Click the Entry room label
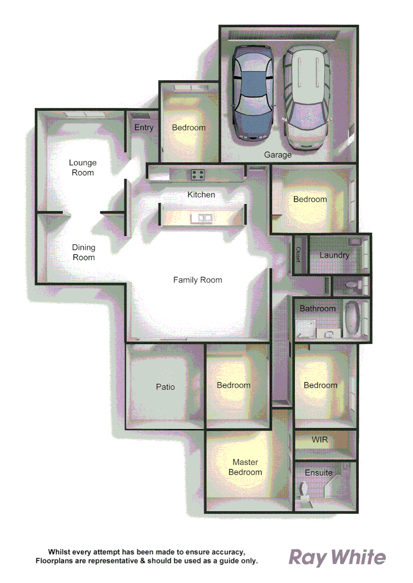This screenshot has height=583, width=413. (x=144, y=128)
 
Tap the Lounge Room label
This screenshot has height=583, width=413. (x=83, y=168)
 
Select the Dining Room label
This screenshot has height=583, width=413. (x=83, y=253)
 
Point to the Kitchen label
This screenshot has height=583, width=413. (x=201, y=194)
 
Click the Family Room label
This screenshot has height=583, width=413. (x=197, y=280)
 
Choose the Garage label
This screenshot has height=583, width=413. (x=278, y=155)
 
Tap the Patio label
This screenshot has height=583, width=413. (x=165, y=387)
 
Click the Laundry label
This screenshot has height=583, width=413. (x=334, y=255)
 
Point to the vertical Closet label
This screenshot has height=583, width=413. (x=298, y=255)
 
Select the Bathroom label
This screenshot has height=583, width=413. (x=318, y=309)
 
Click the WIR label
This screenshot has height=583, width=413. (x=319, y=440)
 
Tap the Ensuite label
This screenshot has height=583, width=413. (x=319, y=472)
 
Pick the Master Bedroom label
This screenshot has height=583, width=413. (x=245, y=467)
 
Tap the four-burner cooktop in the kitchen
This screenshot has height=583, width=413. (x=196, y=174)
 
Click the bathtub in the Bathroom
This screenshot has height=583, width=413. (x=354, y=318)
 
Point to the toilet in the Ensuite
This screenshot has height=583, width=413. (x=303, y=490)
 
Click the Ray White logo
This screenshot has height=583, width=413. (x=337, y=558)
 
